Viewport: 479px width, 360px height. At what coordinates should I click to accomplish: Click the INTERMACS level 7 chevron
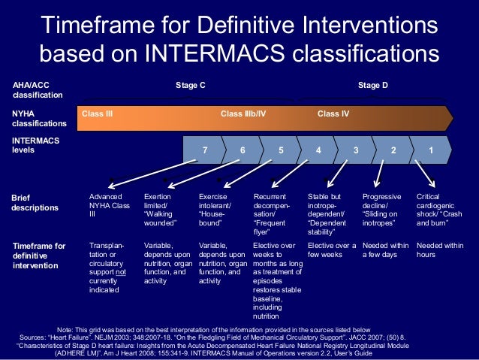coord(205,150)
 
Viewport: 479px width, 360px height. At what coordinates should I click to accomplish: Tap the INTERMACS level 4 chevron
coord(318,150)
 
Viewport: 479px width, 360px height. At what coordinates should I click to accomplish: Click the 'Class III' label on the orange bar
coord(98,114)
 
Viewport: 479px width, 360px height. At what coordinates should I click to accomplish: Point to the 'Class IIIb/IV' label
coord(243,114)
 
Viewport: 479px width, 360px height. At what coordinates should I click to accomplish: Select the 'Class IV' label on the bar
coord(333,114)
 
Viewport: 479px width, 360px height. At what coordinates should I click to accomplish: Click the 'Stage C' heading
coord(191,86)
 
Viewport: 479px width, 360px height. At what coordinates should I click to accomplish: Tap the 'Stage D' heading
coord(372,86)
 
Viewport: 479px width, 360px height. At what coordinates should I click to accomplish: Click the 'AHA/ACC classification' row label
coord(35,91)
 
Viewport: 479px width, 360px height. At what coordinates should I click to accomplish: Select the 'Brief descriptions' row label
coord(35,202)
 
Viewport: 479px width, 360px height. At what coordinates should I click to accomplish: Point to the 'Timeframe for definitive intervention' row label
coord(39,256)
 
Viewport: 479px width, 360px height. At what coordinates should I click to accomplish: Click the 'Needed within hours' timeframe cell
coord(440,250)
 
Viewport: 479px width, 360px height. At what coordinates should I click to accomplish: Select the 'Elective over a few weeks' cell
coord(331,250)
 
